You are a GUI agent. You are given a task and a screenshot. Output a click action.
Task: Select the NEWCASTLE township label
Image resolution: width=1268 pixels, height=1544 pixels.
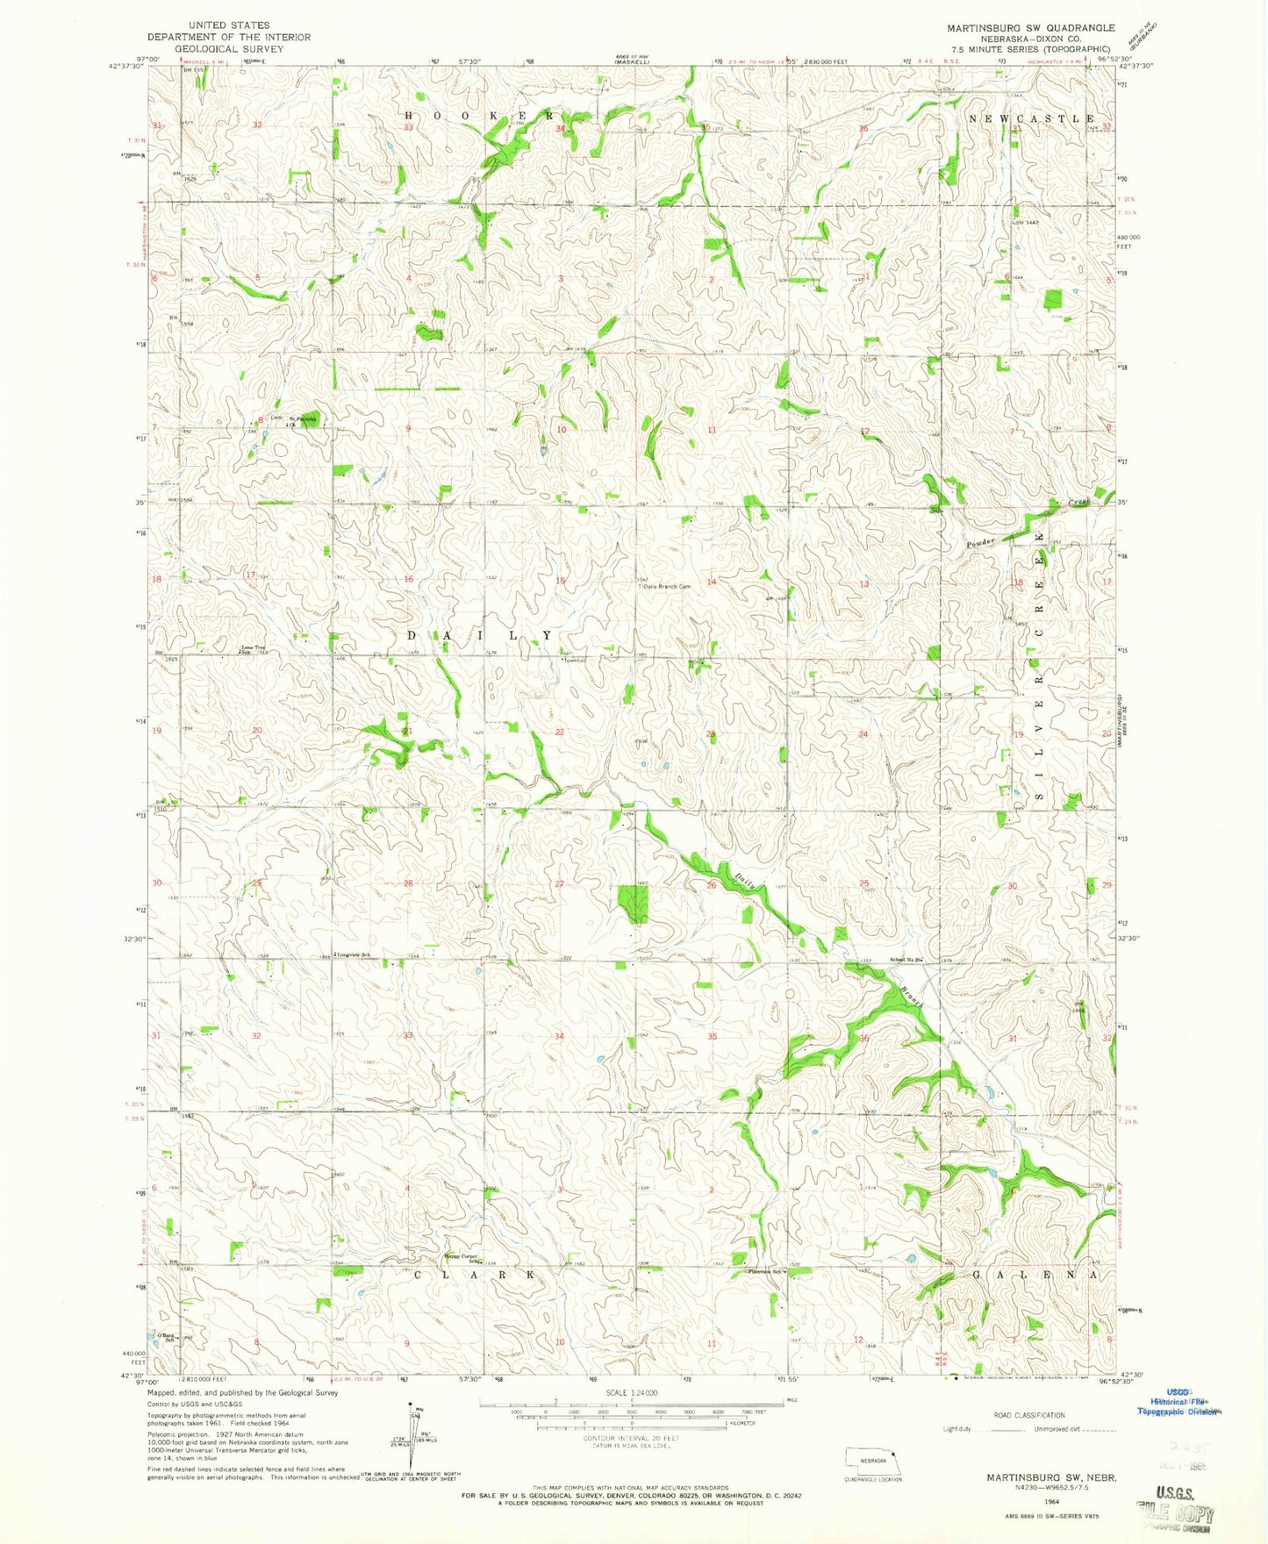[x=1031, y=118]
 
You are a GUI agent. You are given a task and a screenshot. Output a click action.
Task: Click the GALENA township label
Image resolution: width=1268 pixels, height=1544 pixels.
[x=1035, y=1274]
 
